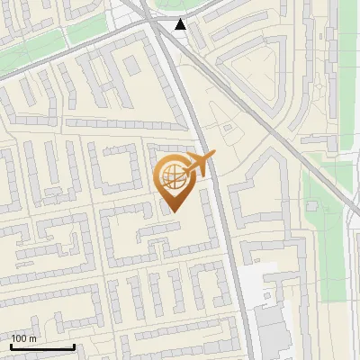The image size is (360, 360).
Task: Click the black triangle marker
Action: coord(181,24)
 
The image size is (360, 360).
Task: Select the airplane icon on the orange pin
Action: coord(200,164)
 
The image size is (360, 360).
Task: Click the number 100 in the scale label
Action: coord(19,338)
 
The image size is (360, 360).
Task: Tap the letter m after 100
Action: coord(32,338)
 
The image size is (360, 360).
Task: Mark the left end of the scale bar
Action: coord(11,346)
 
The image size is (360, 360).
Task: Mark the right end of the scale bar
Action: coord(74,346)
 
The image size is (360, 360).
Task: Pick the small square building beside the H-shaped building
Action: coord(132,66)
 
